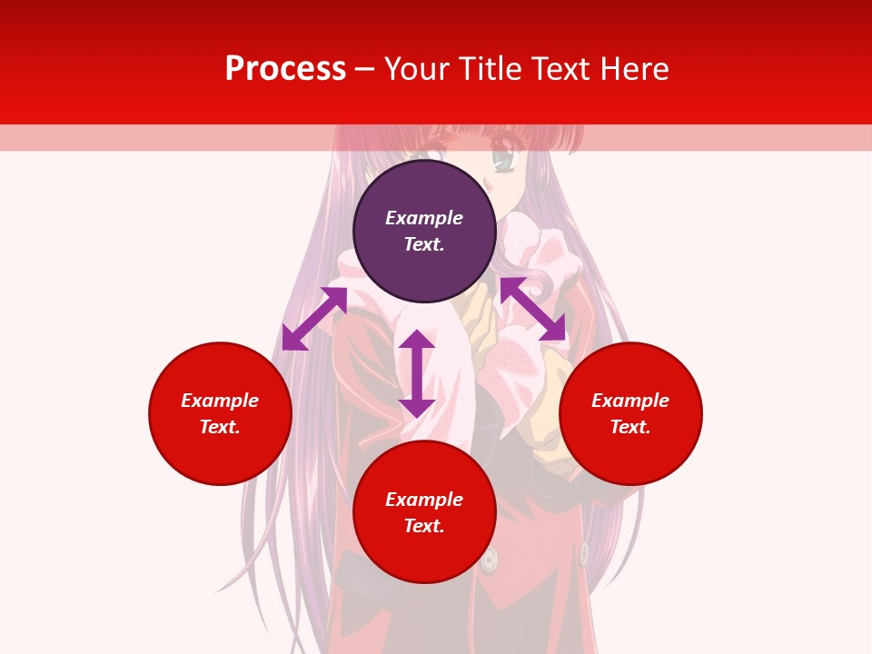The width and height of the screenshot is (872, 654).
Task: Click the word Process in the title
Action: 285,69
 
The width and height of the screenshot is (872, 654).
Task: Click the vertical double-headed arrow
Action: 417,373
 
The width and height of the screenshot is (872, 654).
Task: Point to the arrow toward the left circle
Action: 314,318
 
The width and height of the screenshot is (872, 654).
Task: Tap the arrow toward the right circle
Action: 532,309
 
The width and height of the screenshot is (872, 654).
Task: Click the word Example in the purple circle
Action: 424,218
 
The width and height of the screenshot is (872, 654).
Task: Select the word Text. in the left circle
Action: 220,427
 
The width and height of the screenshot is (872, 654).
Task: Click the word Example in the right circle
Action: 630,401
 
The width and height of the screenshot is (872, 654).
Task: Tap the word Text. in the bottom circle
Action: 424,526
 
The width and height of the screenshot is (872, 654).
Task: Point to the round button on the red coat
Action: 490,560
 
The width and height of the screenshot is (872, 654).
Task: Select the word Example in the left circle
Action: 220,401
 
